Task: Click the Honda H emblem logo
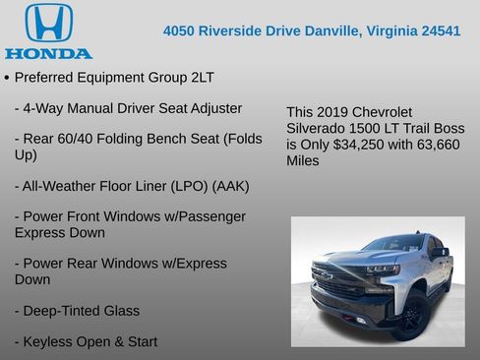pyautogui.click(x=48, y=23)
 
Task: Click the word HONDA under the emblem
pyautogui.click(x=48, y=52)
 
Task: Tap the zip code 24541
pyautogui.click(x=440, y=30)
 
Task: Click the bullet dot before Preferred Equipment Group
pyautogui.click(x=7, y=77)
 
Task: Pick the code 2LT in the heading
pyautogui.click(x=202, y=77)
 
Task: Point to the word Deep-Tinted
pyautogui.click(x=62, y=310)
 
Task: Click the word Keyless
pyautogui.click(x=47, y=341)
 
